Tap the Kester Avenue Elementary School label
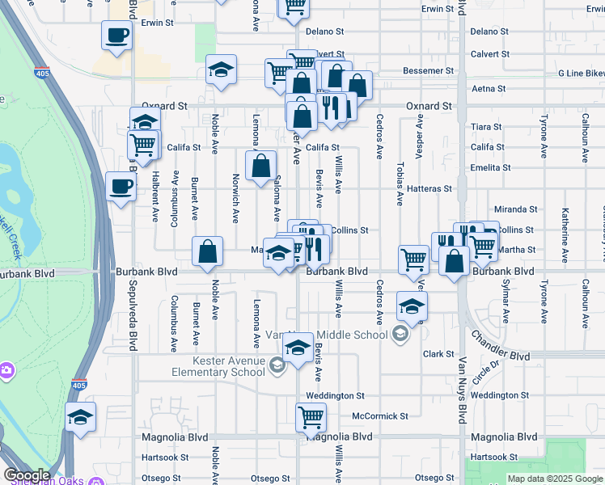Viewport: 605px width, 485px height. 218,366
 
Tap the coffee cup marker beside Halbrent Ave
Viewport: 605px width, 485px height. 121,187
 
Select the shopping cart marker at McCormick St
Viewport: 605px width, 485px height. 311,417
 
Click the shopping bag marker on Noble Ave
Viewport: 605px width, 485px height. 208,251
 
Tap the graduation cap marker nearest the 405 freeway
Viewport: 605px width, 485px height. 80,418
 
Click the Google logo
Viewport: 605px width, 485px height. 27,475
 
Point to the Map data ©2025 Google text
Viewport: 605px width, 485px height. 554,479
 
